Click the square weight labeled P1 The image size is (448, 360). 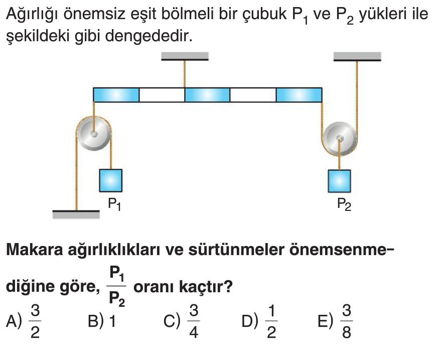[x=110, y=180]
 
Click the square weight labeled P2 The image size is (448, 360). [x=339, y=181]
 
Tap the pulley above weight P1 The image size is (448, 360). [x=94, y=134]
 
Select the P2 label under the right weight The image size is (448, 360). [x=344, y=204]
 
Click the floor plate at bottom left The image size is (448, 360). [x=76, y=214]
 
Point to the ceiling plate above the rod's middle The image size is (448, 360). [x=185, y=56]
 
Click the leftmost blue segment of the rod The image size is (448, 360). [x=116, y=94]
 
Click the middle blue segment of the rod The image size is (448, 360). [x=207, y=94]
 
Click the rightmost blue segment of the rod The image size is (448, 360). [x=299, y=94]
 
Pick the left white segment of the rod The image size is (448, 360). [x=162, y=94]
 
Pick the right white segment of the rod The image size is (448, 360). [x=253, y=94]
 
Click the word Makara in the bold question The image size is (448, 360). [x=34, y=249]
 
